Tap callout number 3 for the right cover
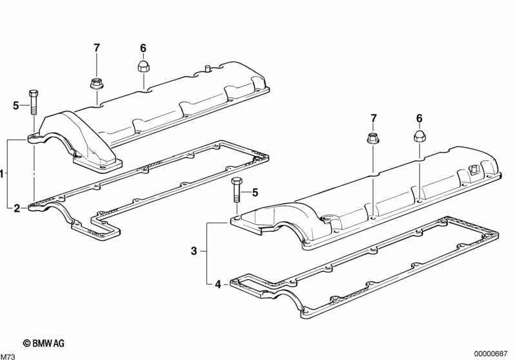[193, 251]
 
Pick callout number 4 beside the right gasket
[217, 284]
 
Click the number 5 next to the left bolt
[16, 106]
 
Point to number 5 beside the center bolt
[255, 192]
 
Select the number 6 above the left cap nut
[143, 48]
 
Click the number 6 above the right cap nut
[419, 118]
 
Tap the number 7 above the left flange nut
[97, 48]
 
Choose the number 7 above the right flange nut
[373, 118]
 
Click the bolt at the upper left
[33, 103]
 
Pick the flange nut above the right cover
[373, 137]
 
